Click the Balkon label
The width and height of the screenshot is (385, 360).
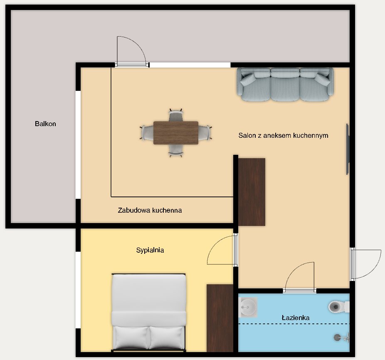pyautogui.click(x=45, y=124)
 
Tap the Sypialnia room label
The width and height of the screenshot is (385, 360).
pyautogui.click(x=150, y=250)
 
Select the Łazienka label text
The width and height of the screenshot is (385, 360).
pyautogui.click(x=295, y=318)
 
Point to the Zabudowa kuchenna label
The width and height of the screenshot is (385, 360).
pyautogui.click(x=150, y=210)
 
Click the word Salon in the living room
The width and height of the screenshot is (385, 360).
pyautogui.click(x=247, y=135)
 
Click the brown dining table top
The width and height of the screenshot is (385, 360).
pyautogui.click(x=176, y=133)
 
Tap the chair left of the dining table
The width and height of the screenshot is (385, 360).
pyautogui.click(x=147, y=133)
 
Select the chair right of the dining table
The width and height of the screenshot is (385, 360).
pyautogui.click(x=205, y=133)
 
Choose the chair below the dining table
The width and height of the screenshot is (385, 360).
pyautogui.click(x=176, y=151)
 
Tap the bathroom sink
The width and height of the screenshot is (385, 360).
pyautogui.click(x=248, y=307)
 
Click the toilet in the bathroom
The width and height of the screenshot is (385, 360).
pyautogui.click(x=338, y=307)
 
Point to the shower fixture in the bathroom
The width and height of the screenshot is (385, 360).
pyautogui.click(x=341, y=338)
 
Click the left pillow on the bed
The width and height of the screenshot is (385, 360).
pyautogui.click(x=131, y=338)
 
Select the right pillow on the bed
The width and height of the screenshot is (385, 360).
pyautogui.click(x=166, y=338)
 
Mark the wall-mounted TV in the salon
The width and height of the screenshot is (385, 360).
pyautogui.click(x=348, y=149)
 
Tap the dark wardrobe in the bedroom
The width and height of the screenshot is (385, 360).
pyautogui.click(x=220, y=318)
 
